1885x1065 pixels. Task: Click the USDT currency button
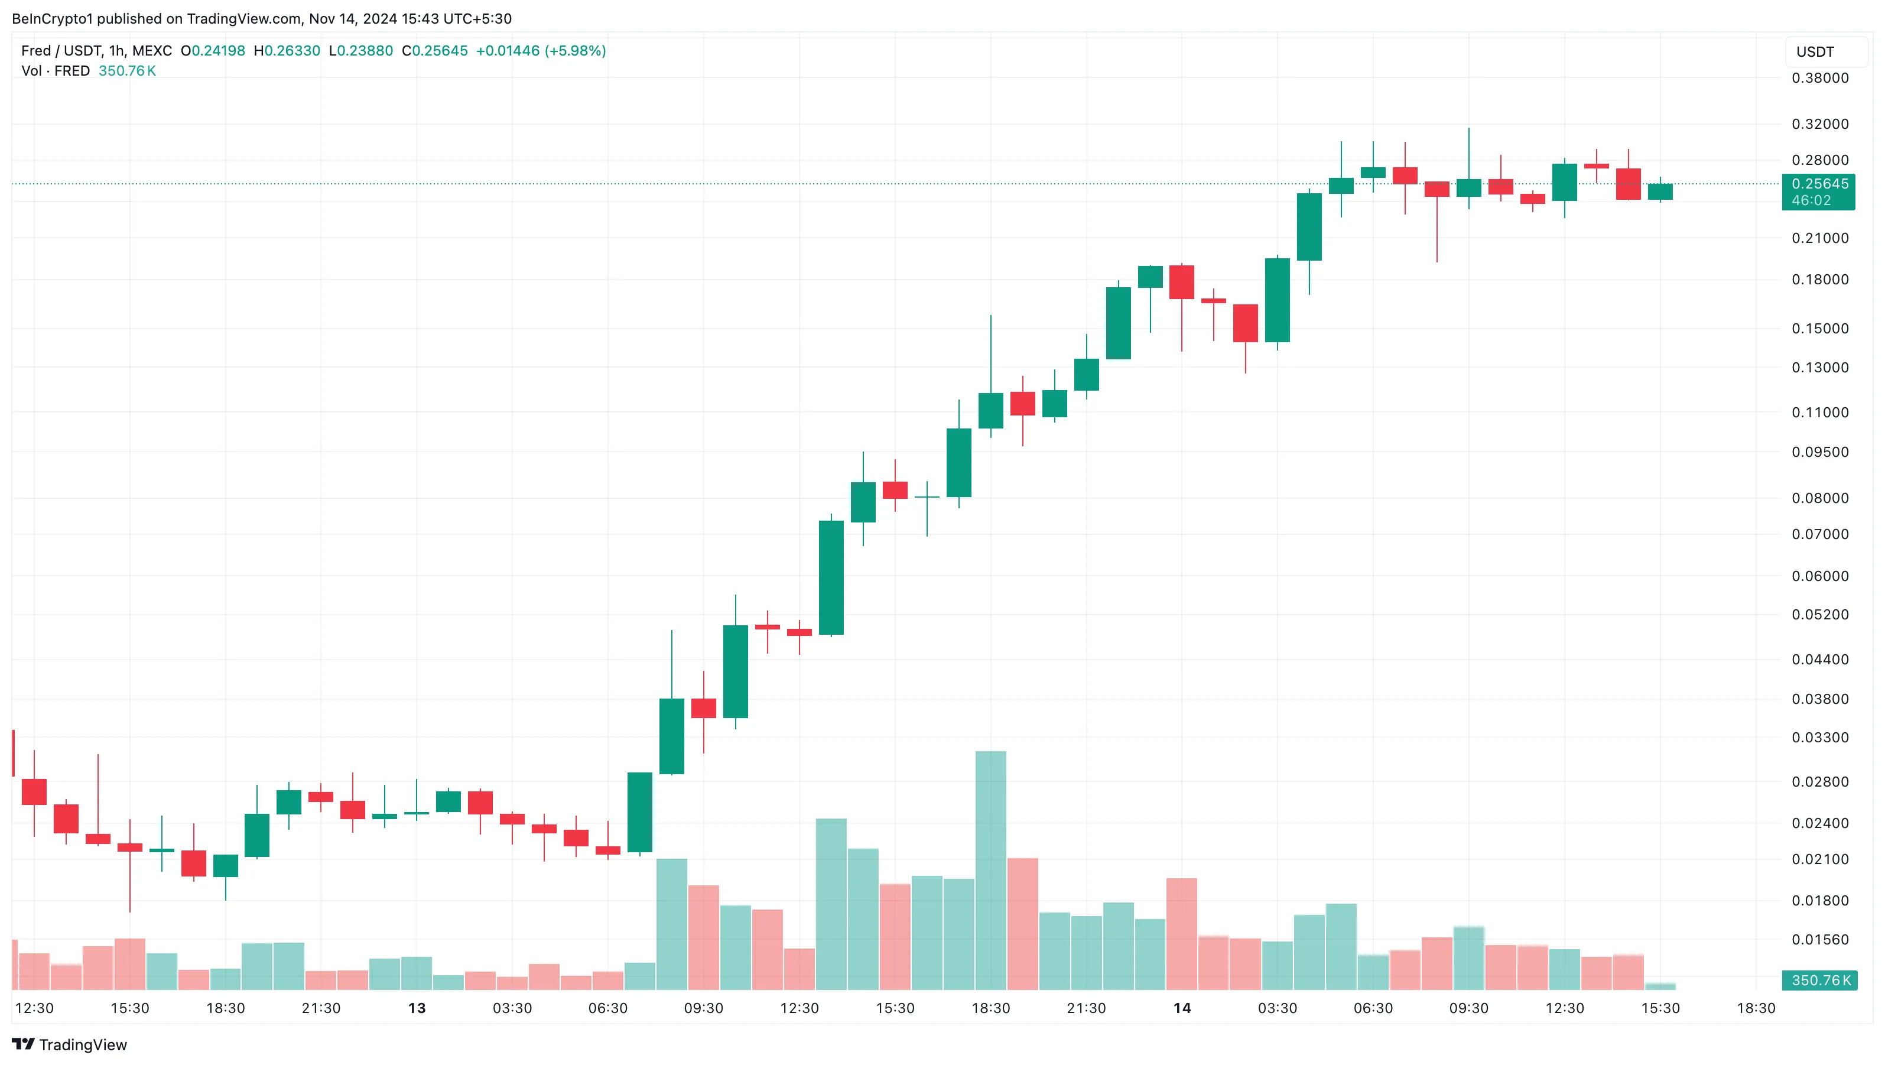click(x=1815, y=52)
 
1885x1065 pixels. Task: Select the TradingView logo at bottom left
click(x=70, y=1044)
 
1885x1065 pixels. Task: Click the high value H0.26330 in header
click(x=287, y=50)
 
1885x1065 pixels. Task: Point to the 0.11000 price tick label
click(x=1819, y=412)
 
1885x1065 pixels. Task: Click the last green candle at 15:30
click(x=1660, y=191)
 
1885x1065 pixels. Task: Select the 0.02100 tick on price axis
click(x=1819, y=859)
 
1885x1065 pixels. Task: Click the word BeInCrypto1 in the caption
click(x=52, y=18)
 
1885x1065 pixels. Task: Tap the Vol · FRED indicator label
click(x=56, y=71)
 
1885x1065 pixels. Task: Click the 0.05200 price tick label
click(x=1819, y=614)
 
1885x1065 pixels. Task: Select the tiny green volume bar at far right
click(x=1660, y=986)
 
